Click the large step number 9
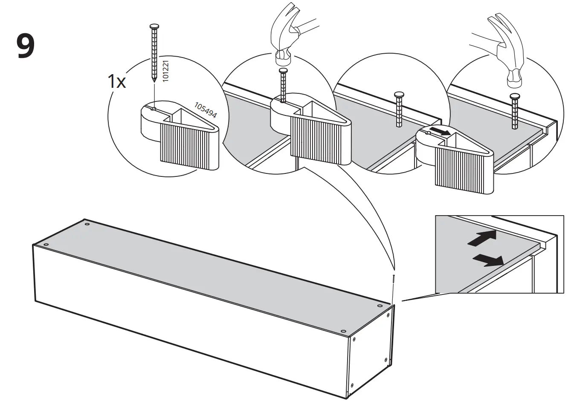click(x=25, y=47)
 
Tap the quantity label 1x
click(x=116, y=81)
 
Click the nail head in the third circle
click(x=399, y=94)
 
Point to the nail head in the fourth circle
click(x=515, y=96)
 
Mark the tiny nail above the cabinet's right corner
click(x=393, y=281)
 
